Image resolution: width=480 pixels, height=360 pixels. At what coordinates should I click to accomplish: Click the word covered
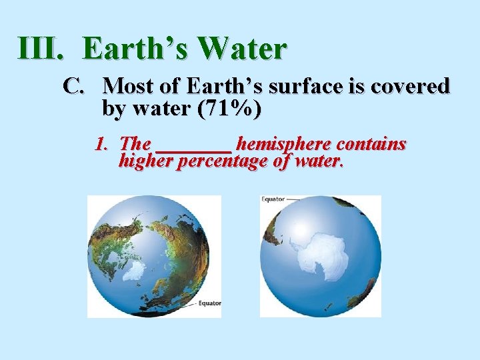pos(411,87)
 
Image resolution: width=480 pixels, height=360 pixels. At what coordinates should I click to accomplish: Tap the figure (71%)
pos(223,108)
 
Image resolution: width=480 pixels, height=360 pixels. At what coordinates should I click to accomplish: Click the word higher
pos(146,161)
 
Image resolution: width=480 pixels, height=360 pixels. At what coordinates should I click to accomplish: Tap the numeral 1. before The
pos(103,144)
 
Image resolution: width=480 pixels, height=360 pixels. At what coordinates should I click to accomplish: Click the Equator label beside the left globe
pos(210,304)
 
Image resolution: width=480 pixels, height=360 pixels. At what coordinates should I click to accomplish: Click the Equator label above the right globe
pos(273,199)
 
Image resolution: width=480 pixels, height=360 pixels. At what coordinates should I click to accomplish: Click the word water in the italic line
pos(317,161)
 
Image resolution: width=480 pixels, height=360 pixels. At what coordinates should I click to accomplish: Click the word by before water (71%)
pos(114,108)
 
